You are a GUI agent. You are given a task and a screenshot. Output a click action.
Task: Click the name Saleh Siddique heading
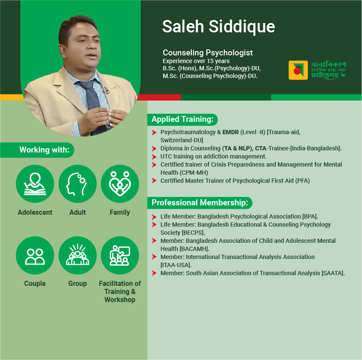(x=218, y=26)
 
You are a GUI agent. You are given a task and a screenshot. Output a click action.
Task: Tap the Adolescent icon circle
(x=35, y=184)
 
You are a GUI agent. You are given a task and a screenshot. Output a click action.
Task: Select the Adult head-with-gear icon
(x=77, y=184)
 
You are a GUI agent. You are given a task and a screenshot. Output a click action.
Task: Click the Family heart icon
(x=120, y=184)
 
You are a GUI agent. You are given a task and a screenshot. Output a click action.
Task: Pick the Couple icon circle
(x=35, y=255)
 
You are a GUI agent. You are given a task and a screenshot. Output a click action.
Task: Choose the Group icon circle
(x=77, y=255)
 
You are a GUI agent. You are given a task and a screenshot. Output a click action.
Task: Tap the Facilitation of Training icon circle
(x=120, y=255)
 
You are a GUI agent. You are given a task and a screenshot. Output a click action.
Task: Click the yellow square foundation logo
(x=298, y=70)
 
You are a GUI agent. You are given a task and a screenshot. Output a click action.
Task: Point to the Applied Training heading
(x=182, y=119)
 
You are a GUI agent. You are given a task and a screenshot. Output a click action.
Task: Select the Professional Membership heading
(x=200, y=203)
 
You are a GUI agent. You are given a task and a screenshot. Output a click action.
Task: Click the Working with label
(x=44, y=150)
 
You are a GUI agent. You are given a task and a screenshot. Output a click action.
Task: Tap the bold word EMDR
(x=230, y=132)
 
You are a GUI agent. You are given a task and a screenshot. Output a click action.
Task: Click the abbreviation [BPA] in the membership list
(x=310, y=216)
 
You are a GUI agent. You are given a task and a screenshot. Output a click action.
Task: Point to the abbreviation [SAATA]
(x=333, y=273)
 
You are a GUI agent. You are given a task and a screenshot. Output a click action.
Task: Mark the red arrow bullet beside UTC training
(x=154, y=157)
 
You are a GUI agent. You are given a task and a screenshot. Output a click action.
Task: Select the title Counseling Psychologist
(x=208, y=53)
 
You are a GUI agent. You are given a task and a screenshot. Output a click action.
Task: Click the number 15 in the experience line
(x=210, y=61)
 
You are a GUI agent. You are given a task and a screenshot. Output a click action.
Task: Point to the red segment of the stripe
(x=159, y=97)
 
